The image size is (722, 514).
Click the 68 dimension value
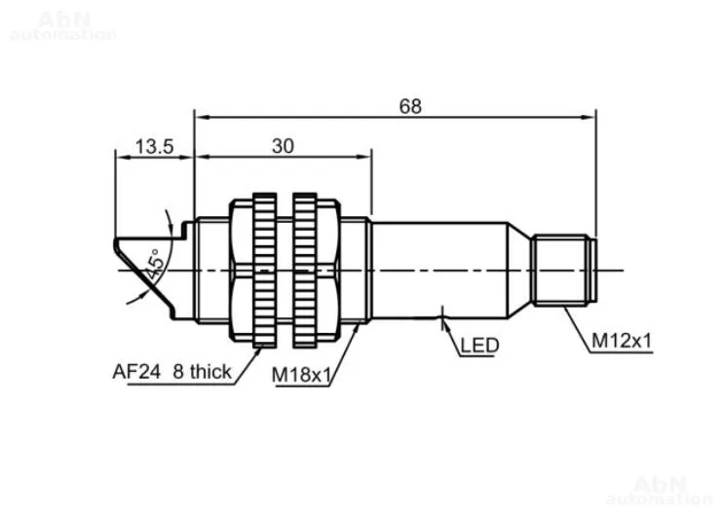coord(410,106)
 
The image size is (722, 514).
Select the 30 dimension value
coord(283,146)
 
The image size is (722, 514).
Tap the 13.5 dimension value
coord(154,147)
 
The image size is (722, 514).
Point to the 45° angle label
coord(155,265)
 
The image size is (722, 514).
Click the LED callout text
coord(479,346)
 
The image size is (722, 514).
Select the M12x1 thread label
coord(622,341)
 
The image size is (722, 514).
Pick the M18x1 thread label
coord(301,375)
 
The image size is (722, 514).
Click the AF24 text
coord(136,371)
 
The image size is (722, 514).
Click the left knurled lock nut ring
coord(264,270)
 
